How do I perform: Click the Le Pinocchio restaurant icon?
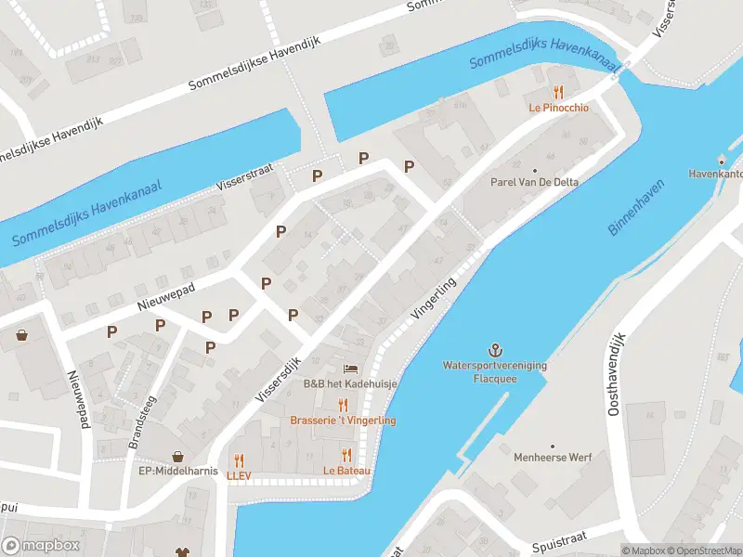(x=558, y=92)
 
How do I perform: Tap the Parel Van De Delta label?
(x=534, y=182)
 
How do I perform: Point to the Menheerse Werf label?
(x=553, y=458)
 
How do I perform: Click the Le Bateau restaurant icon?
(x=346, y=455)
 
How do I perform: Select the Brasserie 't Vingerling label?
(x=343, y=421)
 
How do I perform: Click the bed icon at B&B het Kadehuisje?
(x=350, y=369)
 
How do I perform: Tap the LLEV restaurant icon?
(x=239, y=460)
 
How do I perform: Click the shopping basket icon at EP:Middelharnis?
(x=177, y=457)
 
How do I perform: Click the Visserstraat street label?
(x=244, y=174)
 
